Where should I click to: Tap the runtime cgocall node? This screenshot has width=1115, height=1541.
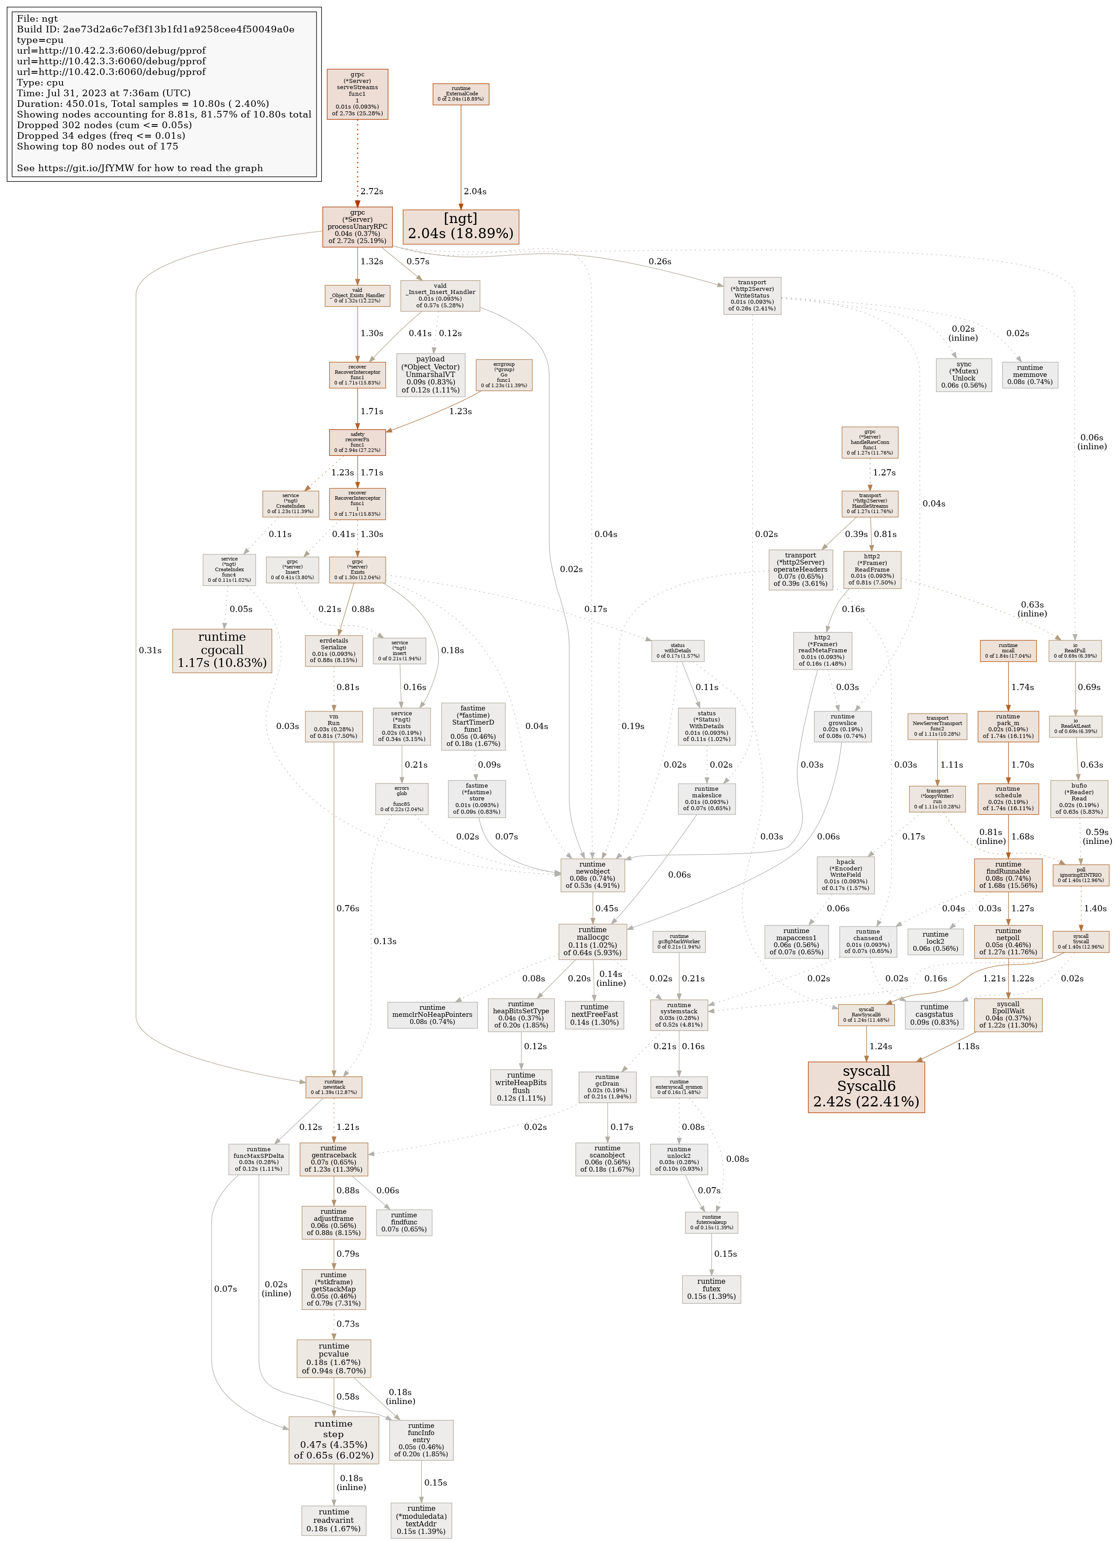coord(222,650)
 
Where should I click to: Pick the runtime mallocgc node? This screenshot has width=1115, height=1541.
coord(592,941)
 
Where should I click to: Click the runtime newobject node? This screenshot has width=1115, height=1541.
coord(592,875)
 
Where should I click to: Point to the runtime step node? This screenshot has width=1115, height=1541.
coord(334,1440)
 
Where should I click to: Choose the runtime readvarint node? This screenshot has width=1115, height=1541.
coord(334,1521)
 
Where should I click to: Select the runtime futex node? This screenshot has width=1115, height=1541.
coord(712,1289)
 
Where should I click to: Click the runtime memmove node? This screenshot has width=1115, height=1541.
coord(1029,374)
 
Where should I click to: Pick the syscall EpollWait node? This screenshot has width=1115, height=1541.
coord(1008,1015)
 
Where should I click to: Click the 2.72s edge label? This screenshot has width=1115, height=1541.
coord(371,192)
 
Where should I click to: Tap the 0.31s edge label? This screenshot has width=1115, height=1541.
coord(150,650)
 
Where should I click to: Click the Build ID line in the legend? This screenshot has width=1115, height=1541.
coord(156,29)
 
